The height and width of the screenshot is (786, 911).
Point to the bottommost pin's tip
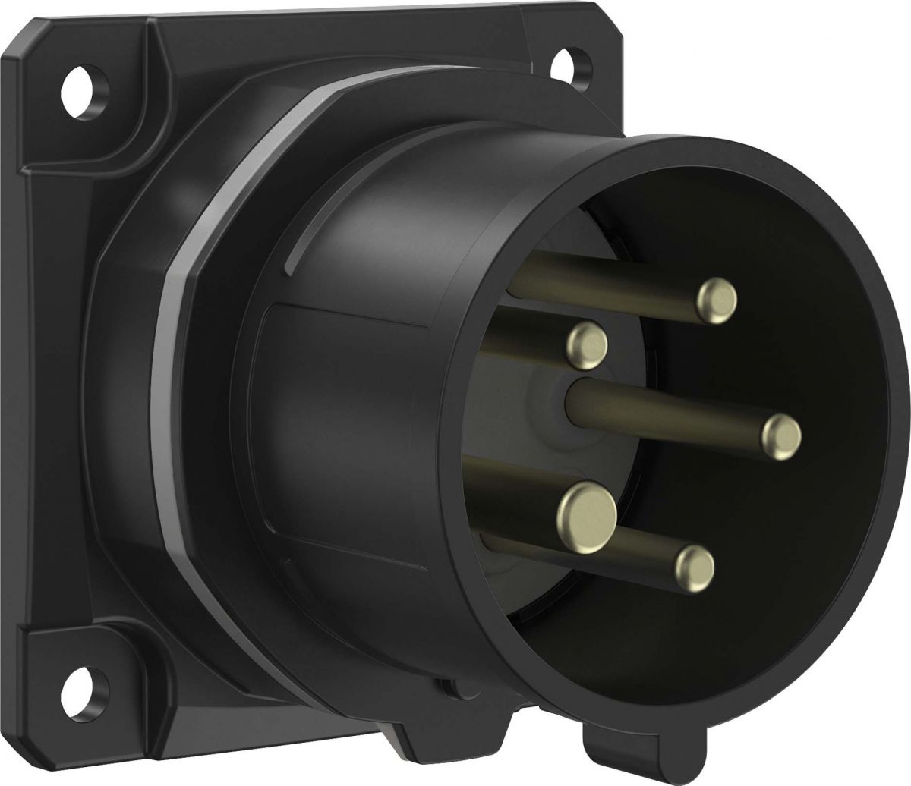694,565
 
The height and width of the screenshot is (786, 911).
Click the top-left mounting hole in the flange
79,81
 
